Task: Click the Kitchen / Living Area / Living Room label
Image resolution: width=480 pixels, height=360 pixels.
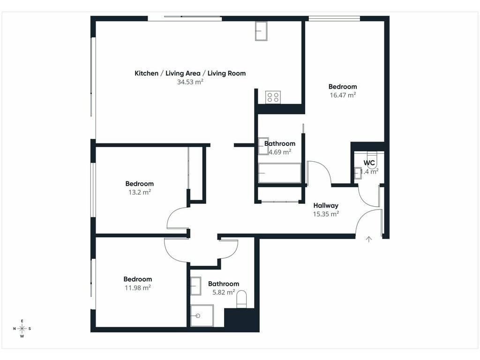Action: pos(190,73)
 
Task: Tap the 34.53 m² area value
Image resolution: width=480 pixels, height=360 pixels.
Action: pos(190,82)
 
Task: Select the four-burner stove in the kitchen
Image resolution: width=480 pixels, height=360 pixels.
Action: pos(273,97)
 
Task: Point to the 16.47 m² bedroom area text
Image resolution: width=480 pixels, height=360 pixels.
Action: pos(343,95)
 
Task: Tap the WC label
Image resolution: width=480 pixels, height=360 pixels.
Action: pos(369,163)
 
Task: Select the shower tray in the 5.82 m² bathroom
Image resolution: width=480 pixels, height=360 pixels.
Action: pos(202,315)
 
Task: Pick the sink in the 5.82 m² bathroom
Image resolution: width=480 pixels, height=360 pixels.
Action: pos(196,286)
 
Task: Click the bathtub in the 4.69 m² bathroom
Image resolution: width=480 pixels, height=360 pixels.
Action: pos(280,173)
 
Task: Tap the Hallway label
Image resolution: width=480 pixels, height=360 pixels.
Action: pos(326,205)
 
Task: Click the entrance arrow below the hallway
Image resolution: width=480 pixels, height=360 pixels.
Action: pos(369,239)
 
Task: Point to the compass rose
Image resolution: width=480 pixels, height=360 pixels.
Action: pos(22,329)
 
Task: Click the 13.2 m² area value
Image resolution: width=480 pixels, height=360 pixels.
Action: pos(140,192)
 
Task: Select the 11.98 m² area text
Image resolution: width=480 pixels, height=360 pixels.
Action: pos(138,288)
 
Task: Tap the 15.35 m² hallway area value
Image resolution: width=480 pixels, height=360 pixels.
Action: pos(326,214)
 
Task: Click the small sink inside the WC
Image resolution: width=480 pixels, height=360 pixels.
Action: pos(358,173)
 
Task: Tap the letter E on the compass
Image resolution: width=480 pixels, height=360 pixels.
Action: pos(22,321)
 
